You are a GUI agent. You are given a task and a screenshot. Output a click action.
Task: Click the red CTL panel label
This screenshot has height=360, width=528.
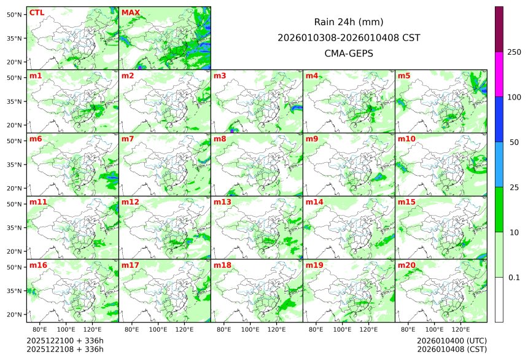coord(36,13)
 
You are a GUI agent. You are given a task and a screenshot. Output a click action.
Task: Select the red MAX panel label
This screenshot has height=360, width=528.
coord(130,13)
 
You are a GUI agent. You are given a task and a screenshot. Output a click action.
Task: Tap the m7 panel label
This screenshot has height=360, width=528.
coord(128,139)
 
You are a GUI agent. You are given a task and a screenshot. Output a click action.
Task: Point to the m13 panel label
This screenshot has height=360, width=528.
coord(222,202)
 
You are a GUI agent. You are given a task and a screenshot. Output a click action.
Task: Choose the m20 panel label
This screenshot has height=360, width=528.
coord(406,265)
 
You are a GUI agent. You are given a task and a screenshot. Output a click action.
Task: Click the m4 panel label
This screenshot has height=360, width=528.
coord(312,76)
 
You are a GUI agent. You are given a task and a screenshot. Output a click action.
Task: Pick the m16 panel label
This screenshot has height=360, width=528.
coord(38,265)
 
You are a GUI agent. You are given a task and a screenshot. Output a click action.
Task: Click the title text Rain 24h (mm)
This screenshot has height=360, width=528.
coord(349,22)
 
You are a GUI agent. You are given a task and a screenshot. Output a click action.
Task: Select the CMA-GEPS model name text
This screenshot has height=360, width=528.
coord(349,53)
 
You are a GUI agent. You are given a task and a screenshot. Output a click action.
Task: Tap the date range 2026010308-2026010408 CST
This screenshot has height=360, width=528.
coord(349,37)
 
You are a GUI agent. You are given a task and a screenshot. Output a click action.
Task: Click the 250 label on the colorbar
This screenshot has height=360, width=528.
coord(514,52)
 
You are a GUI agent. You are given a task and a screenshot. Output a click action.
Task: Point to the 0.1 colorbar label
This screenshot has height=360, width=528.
coord(514,278)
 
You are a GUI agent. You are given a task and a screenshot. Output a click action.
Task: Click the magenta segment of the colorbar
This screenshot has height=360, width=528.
coord(499,74)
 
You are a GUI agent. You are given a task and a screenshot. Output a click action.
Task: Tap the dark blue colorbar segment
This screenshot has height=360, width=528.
coord(499,119)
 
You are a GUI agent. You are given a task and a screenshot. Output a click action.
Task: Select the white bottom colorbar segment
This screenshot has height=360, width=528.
coord(499,299)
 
